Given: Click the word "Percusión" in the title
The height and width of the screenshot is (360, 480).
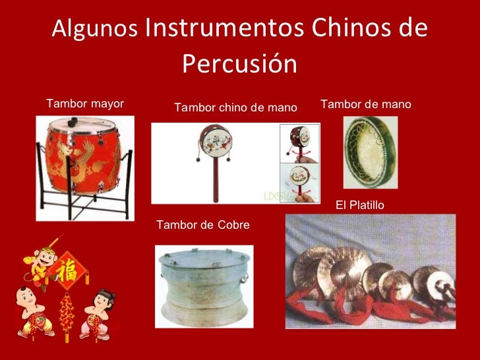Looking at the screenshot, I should (239, 64).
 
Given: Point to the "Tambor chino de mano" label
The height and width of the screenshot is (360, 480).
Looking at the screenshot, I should (235, 107).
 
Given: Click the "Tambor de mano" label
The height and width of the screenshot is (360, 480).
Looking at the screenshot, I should (365, 104).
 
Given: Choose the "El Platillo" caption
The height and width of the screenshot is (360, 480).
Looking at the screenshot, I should (359, 206).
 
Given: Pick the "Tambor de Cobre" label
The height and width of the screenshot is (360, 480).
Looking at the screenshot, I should (203, 225).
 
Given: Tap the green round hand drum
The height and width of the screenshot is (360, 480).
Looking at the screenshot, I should (369, 151).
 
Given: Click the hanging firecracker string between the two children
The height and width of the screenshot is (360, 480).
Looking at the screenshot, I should (67, 314).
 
